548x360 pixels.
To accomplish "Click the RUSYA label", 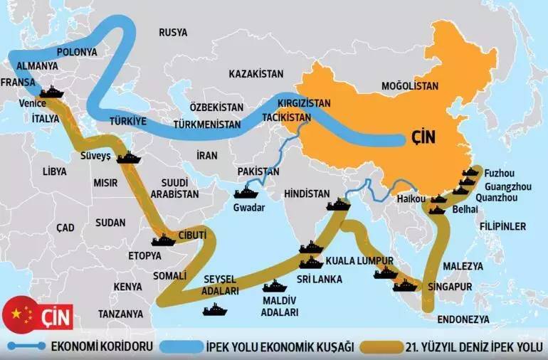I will (x=173, y=33).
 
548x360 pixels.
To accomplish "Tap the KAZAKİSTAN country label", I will (x=256, y=74).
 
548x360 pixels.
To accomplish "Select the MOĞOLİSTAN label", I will (x=410, y=86).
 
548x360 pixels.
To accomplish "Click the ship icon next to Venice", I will (x=52, y=92).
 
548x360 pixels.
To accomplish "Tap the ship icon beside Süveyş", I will (x=130, y=157).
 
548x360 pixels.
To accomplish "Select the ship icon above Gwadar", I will (x=246, y=192).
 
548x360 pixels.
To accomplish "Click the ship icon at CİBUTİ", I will (x=163, y=240).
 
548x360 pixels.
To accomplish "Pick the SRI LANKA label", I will (x=320, y=279).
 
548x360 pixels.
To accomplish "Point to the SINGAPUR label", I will (x=450, y=287).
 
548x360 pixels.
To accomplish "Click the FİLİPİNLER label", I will (x=502, y=227).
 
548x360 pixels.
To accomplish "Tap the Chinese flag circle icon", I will (x=21, y=313).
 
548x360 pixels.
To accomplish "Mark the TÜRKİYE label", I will (x=128, y=121).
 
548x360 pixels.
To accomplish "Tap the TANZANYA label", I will (x=120, y=314).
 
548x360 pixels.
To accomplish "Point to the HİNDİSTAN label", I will (x=307, y=194).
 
